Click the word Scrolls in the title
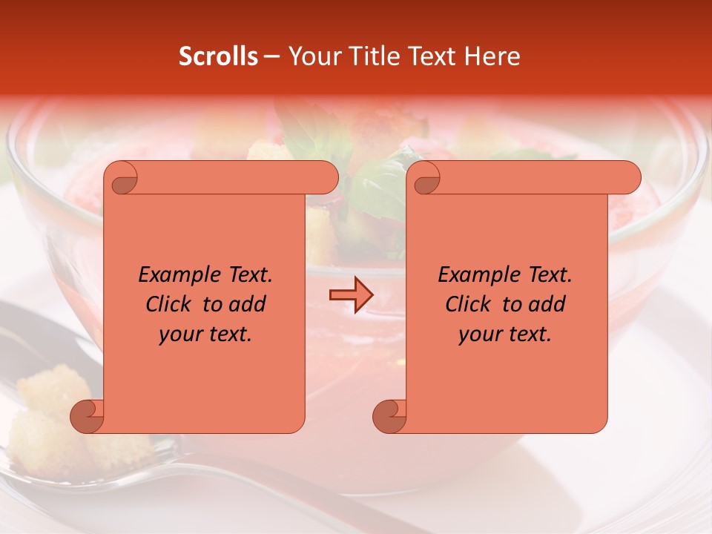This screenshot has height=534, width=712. tap(218, 56)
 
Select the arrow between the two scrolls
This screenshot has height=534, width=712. tap(351, 295)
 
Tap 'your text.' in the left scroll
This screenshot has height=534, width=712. tap(205, 334)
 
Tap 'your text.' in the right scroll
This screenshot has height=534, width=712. tap(505, 334)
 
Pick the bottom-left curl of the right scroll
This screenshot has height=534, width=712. tap(390, 416)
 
